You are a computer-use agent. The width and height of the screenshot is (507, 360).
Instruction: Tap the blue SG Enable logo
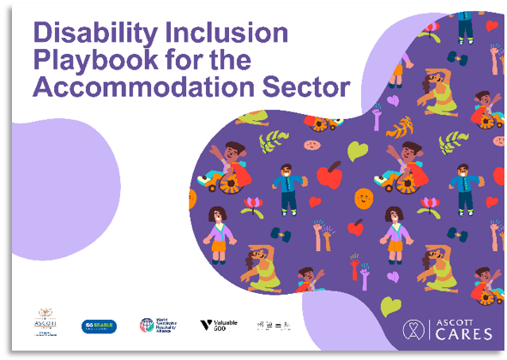(x=99, y=326)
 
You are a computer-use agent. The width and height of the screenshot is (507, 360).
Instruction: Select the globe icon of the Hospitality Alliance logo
(x=147, y=326)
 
